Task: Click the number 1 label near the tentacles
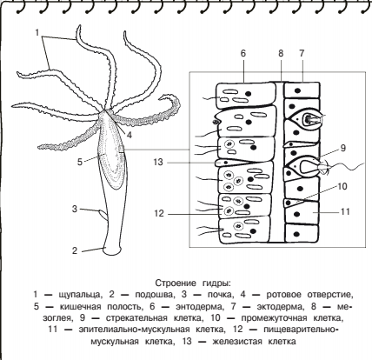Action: coord(37,33)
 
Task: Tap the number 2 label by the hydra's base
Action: coord(75,250)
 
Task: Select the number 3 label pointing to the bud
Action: coord(75,209)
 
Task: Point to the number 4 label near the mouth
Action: coord(130,135)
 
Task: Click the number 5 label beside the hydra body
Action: coord(80,162)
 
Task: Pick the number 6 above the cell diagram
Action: coord(243,53)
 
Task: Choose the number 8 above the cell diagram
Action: coord(281,53)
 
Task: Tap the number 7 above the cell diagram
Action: coord(302,53)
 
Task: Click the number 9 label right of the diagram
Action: coord(343,148)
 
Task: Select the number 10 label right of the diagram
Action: coord(342,186)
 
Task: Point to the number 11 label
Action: coord(345,211)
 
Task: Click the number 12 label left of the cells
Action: coord(159,214)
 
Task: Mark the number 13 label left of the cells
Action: coord(158,162)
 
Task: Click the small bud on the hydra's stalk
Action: coord(103,215)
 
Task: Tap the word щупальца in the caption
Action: coord(81,295)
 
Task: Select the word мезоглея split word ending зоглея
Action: coord(56,318)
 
